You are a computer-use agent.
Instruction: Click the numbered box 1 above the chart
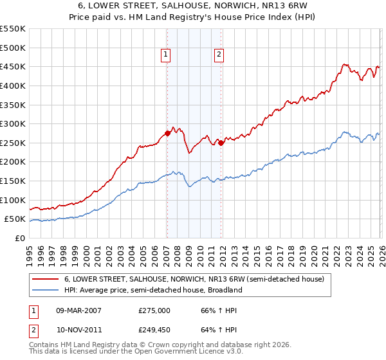coord(166,55)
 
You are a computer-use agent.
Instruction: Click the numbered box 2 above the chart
coord(219,55)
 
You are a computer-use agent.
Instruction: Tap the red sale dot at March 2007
coord(167,134)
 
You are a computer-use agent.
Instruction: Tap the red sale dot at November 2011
coord(221,143)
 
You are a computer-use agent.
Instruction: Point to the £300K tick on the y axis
coord(13,123)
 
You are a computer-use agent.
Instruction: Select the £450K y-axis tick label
coord(13,66)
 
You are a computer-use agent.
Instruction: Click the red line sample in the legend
coord(46,280)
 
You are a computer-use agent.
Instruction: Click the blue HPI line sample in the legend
coord(46,290)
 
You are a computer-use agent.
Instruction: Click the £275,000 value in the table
coord(154,310)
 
